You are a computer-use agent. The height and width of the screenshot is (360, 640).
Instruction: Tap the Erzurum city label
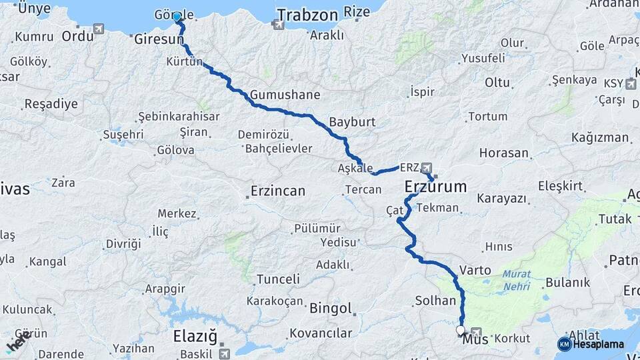(x=436, y=187)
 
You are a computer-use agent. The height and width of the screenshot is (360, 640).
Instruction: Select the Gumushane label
(x=285, y=94)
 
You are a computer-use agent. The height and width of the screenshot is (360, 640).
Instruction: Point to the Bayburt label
(x=352, y=123)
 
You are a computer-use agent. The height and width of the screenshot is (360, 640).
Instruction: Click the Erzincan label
(x=277, y=191)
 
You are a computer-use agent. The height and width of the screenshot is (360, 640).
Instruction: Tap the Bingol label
(x=330, y=309)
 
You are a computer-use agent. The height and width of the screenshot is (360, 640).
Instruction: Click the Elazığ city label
(x=195, y=335)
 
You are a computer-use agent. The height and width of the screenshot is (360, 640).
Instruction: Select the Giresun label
(x=159, y=40)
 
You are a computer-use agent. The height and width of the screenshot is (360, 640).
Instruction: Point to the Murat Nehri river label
(x=517, y=280)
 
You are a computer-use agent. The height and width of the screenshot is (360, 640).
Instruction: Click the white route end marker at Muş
(x=461, y=330)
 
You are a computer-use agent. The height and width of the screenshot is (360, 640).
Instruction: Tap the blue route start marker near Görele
(x=177, y=17)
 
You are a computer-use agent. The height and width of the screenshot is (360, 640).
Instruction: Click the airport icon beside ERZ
(x=426, y=167)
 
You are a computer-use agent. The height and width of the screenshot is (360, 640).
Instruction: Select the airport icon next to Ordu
(x=99, y=29)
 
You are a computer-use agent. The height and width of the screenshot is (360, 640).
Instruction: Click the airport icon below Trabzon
(x=277, y=25)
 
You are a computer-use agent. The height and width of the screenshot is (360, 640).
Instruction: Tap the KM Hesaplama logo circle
(x=565, y=344)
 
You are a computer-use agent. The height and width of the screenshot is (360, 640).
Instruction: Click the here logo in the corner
(x=17, y=341)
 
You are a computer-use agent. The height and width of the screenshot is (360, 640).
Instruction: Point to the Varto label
(x=475, y=271)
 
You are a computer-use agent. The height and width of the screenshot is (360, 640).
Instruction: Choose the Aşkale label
(x=355, y=169)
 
